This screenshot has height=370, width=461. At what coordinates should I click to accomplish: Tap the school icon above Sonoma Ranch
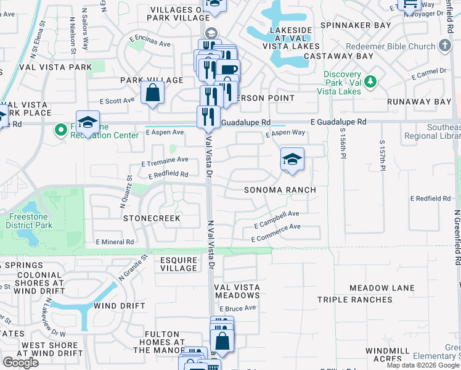(292, 160)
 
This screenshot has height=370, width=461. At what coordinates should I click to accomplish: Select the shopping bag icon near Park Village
(152, 93)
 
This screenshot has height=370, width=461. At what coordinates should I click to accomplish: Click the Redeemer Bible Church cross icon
(445, 46)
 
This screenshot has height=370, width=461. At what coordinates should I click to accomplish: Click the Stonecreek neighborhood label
(152, 218)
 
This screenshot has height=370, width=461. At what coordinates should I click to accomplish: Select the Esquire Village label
(179, 264)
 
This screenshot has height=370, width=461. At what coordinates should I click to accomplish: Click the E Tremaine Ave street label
(165, 161)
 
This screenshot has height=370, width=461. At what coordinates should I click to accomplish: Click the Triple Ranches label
(354, 300)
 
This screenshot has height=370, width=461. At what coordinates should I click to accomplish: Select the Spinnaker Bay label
(362, 25)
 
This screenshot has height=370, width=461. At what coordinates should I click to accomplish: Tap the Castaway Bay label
(347, 56)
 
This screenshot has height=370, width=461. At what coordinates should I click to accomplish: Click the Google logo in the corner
(20, 362)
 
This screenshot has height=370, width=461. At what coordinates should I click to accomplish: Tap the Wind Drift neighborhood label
(120, 306)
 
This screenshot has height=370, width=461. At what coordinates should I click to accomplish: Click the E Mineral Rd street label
(115, 242)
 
